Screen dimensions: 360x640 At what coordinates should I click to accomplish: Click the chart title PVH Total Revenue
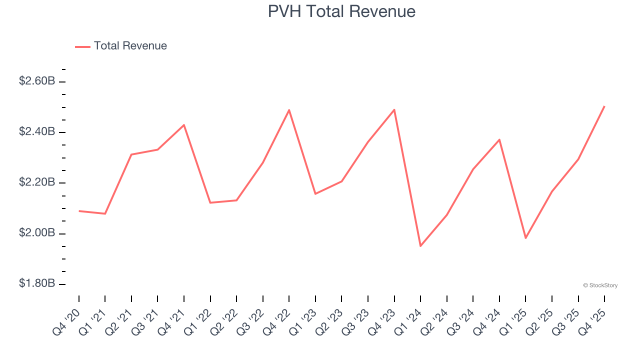pyautogui.click(x=341, y=11)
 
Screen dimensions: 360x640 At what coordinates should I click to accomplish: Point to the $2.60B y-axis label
pyautogui.click(x=37, y=81)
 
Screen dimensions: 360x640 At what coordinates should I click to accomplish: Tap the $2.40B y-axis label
pyautogui.click(x=37, y=132)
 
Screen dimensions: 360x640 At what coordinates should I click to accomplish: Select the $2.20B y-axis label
pyautogui.click(x=37, y=182)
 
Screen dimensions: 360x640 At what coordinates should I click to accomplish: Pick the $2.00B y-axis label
pyautogui.click(x=37, y=233)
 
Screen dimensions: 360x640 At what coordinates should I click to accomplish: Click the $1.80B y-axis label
pyautogui.click(x=37, y=284)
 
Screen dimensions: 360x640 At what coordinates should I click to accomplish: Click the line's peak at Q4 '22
pyautogui.click(x=289, y=110)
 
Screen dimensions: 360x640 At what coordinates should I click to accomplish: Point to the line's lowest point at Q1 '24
pyautogui.click(x=420, y=246)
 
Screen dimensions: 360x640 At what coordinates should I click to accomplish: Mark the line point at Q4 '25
pyautogui.click(x=604, y=106)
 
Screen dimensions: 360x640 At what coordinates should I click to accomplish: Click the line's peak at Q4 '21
pyautogui.click(x=184, y=125)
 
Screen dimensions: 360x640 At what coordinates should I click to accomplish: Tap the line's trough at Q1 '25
pyautogui.click(x=525, y=238)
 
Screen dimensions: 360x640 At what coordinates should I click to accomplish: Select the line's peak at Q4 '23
pyautogui.click(x=394, y=109)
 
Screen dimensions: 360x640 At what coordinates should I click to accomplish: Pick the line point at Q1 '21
pyautogui.click(x=105, y=213)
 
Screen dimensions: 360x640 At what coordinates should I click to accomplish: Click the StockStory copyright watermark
pyautogui.click(x=600, y=285)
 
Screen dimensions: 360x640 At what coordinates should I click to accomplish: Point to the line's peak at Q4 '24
pyautogui.click(x=499, y=139)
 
